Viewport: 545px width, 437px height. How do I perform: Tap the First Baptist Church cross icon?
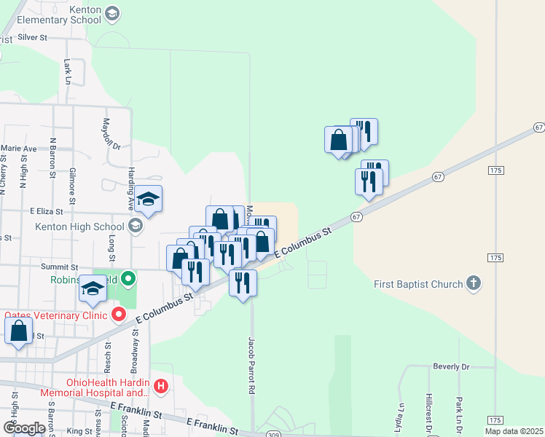tap(474, 283)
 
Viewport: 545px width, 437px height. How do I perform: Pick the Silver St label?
tap(32, 36)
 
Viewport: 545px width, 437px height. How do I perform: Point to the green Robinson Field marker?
tap(128, 278)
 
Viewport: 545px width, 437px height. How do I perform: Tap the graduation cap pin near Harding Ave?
tap(148, 200)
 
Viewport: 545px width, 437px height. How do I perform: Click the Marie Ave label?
tap(18, 148)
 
